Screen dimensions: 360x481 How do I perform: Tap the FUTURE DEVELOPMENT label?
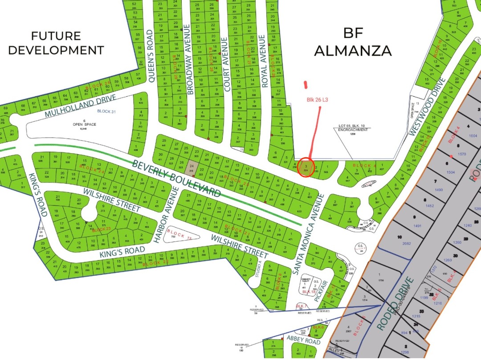pyautogui.click(x=56, y=43)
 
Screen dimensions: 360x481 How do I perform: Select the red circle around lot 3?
pyautogui.click(x=306, y=167)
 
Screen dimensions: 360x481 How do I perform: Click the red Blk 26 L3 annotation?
pyautogui.click(x=317, y=100)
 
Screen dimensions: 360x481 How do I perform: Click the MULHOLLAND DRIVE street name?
pyautogui.click(x=80, y=106)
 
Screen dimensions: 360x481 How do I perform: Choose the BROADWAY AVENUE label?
pyautogui.click(x=189, y=59)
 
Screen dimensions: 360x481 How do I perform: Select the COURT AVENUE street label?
pyautogui.click(x=228, y=64)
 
